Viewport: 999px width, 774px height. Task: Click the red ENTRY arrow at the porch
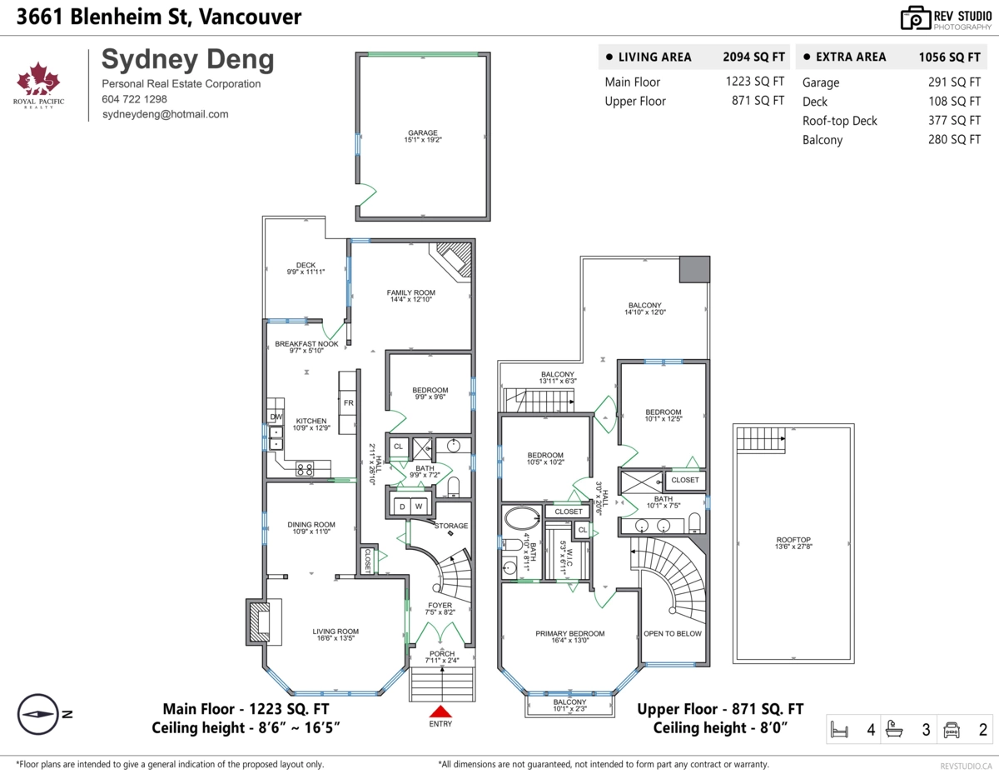pyautogui.click(x=440, y=711)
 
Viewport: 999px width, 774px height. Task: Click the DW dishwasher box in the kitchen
pyautogui.click(x=275, y=416)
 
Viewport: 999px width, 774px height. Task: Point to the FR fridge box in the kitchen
pyautogui.click(x=349, y=402)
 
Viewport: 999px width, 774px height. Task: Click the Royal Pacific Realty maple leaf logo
pyautogui.click(x=39, y=81)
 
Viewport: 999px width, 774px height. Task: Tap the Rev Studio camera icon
pyautogui.click(x=916, y=17)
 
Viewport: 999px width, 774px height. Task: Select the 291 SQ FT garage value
pyautogui.click(x=954, y=82)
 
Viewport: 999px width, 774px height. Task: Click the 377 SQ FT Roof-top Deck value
pyautogui.click(x=954, y=121)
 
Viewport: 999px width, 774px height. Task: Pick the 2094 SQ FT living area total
pyautogui.click(x=753, y=57)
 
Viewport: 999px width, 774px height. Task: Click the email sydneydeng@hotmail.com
pyautogui.click(x=165, y=114)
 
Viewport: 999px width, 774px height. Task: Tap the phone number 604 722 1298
pyautogui.click(x=133, y=99)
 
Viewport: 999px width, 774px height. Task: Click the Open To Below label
pyautogui.click(x=672, y=633)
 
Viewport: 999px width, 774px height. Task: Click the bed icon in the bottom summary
pyautogui.click(x=840, y=731)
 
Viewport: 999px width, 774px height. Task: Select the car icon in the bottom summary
pyautogui.click(x=952, y=731)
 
